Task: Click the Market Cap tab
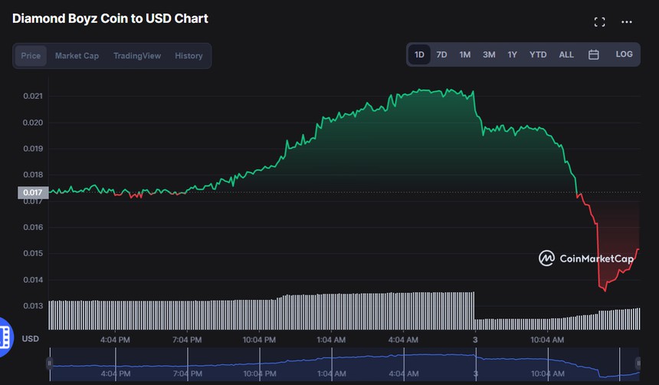(x=77, y=56)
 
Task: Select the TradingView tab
(x=137, y=56)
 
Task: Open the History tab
(x=189, y=56)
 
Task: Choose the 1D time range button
(x=419, y=54)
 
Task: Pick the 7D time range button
(x=441, y=54)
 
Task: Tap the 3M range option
(x=489, y=54)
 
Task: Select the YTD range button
(x=538, y=54)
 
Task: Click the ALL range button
(x=566, y=54)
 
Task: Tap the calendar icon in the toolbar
(x=593, y=54)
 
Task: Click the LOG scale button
(x=624, y=54)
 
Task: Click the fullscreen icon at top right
(x=600, y=22)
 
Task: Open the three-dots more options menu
(x=627, y=22)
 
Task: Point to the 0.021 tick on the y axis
(x=33, y=96)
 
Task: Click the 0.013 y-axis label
(x=33, y=306)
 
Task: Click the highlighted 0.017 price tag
(x=33, y=192)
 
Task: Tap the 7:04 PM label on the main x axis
(x=186, y=340)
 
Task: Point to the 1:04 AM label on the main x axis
(x=331, y=340)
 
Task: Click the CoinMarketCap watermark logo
(x=586, y=258)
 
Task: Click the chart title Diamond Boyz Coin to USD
(x=110, y=18)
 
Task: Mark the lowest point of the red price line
(x=605, y=291)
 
